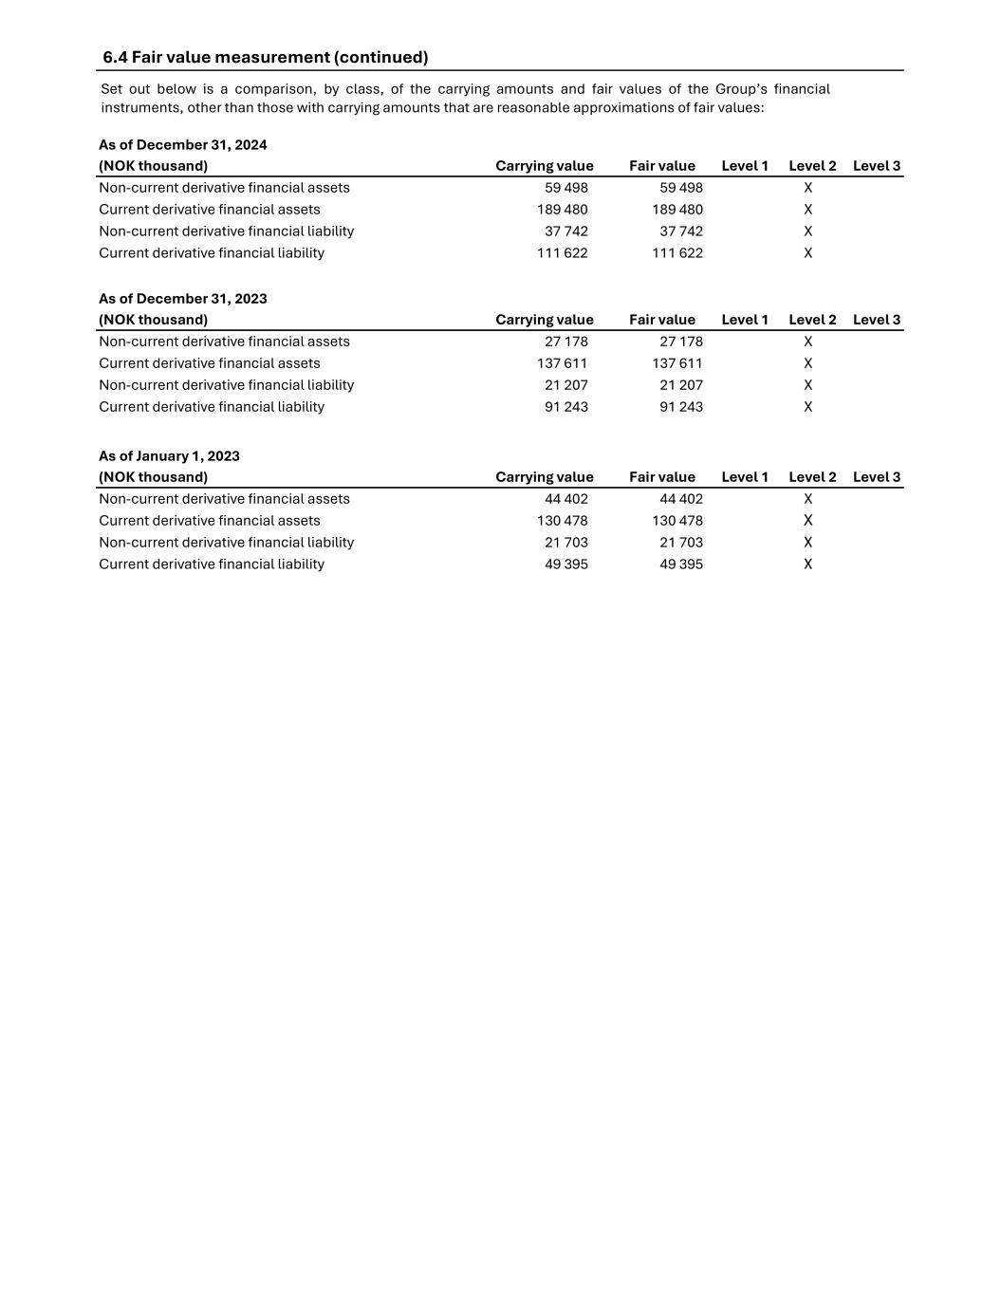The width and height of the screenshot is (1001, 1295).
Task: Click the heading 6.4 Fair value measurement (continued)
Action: click(x=266, y=57)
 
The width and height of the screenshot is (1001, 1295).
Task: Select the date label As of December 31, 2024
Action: click(x=183, y=145)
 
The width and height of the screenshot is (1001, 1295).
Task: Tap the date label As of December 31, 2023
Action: click(x=183, y=299)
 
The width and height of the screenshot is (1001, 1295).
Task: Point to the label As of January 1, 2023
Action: click(x=169, y=456)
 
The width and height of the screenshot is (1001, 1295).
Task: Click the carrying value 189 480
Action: click(x=563, y=210)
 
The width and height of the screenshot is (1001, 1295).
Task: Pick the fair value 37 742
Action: click(x=681, y=231)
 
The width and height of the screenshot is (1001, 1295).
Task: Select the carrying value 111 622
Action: click(x=563, y=253)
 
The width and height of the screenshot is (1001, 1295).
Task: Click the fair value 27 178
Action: click(x=681, y=342)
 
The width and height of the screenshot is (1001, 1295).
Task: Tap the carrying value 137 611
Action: click(x=563, y=363)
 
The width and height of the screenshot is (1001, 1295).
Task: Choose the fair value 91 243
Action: click(x=681, y=407)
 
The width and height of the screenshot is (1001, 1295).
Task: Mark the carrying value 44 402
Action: click(x=566, y=499)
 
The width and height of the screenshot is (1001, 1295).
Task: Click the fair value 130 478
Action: click(x=677, y=521)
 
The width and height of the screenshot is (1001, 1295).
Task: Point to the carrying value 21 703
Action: click(x=566, y=543)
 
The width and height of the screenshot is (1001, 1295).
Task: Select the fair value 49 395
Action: click(x=681, y=564)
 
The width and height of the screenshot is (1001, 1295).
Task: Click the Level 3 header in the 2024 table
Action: click(x=877, y=166)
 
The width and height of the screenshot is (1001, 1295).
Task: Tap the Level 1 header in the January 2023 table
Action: click(x=745, y=477)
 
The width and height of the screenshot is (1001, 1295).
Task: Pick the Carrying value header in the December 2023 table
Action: click(x=545, y=320)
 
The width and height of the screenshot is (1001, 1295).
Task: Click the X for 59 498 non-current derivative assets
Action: click(x=808, y=188)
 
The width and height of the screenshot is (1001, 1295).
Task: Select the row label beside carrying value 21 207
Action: click(x=227, y=385)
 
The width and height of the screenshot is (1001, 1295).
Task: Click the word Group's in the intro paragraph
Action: click(x=740, y=89)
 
